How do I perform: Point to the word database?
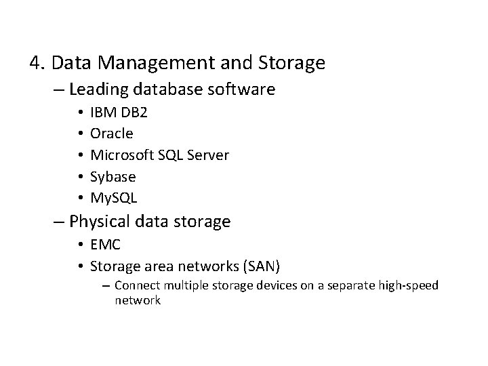[174, 89]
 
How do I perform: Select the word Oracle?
[111, 134]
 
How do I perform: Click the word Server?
[208, 155]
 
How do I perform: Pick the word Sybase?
[113, 177]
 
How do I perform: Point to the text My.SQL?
[113, 199]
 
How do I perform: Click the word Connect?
[138, 285]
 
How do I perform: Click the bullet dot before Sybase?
[80, 177]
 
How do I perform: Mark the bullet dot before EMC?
[80, 244]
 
